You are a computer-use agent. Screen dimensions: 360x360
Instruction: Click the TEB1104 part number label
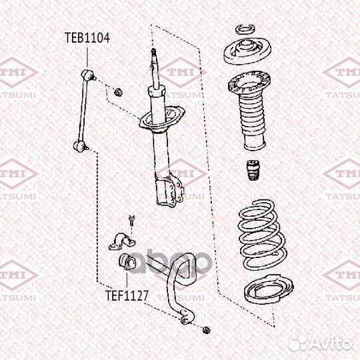click(87, 37)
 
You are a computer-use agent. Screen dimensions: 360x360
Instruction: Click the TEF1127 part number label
click(126, 292)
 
